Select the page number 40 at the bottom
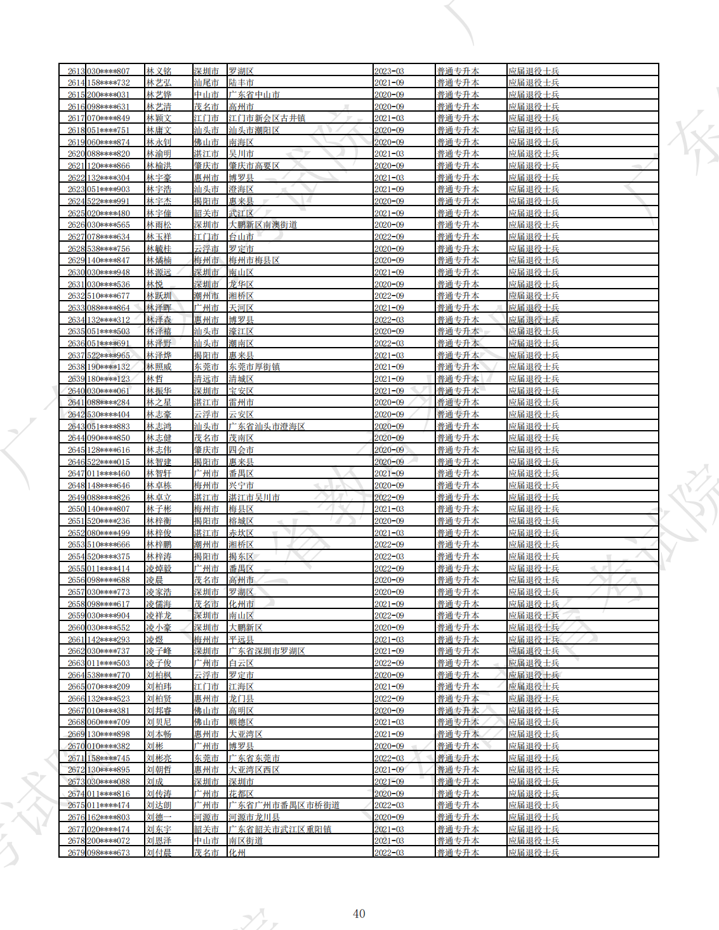pyautogui.click(x=359, y=914)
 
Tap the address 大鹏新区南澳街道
pyautogui.click(x=263, y=225)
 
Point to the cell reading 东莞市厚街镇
pyautogui.click(x=254, y=367)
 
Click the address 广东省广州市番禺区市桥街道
pyautogui.click(x=284, y=806)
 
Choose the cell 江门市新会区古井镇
pyautogui.click(x=267, y=119)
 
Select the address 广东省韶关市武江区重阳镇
pyautogui.click(x=279, y=829)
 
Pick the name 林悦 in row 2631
pyautogui.click(x=155, y=284)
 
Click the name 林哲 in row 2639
pyautogui.click(x=155, y=379)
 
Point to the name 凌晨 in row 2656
pyautogui.click(x=155, y=580)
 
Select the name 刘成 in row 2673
pyautogui.click(x=155, y=782)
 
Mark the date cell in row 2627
pyautogui.click(x=389, y=237)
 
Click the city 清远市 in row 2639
pyautogui.click(x=206, y=379)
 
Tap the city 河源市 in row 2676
pyautogui.click(x=206, y=817)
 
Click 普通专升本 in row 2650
pyautogui.click(x=458, y=509)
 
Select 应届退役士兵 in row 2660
pyautogui.click(x=534, y=627)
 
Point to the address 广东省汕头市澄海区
pyautogui.click(x=267, y=426)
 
